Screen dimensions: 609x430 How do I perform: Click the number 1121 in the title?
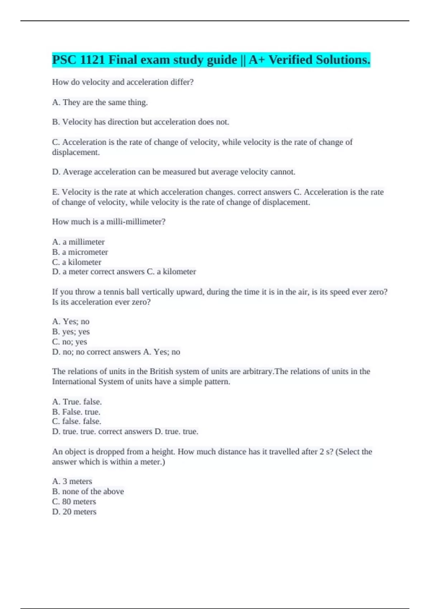(x=92, y=60)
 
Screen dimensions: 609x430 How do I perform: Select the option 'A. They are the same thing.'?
(x=100, y=102)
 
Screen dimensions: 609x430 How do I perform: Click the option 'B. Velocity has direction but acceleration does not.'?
(x=140, y=122)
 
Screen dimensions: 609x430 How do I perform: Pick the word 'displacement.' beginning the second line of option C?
(x=76, y=152)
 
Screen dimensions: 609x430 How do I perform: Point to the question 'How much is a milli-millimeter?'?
(x=109, y=222)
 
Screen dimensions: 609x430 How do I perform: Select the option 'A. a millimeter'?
(x=78, y=242)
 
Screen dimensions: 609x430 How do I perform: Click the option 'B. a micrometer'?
(x=80, y=252)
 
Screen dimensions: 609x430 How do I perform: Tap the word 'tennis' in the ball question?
(x=114, y=292)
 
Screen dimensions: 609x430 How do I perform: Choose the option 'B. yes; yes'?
(x=71, y=332)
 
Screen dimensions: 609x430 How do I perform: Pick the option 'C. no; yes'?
(x=70, y=342)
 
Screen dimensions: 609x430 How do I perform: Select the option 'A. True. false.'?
(x=77, y=402)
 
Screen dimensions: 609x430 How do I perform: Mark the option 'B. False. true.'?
(x=76, y=412)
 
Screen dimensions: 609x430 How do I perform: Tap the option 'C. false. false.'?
(x=77, y=421)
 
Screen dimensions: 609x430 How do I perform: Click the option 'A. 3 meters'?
(x=72, y=481)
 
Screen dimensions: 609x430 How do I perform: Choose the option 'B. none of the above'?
(x=88, y=491)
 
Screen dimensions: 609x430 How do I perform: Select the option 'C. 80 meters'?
(x=74, y=502)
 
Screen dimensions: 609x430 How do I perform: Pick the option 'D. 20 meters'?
(x=74, y=512)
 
